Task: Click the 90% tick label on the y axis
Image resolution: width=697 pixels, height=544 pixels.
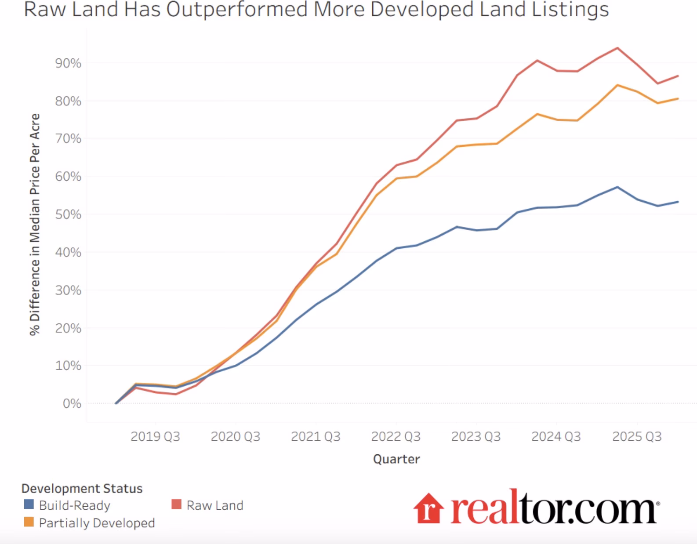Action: point(68,63)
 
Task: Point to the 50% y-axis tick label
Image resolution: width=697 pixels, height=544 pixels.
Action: point(68,214)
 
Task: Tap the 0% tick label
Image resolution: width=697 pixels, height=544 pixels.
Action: point(72,403)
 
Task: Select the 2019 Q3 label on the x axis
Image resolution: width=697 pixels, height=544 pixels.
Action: point(155,436)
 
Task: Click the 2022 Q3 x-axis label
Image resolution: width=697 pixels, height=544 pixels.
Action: point(396,436)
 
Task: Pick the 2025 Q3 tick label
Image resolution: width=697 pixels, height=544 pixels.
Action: point(636,436)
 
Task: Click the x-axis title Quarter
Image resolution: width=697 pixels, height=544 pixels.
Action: point(396,459)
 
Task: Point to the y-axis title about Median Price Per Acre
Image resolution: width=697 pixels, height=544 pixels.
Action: point(35,224)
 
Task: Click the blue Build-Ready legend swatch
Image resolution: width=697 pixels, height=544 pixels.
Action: point(29,504)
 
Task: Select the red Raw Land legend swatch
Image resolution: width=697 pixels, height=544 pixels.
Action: point(176,504)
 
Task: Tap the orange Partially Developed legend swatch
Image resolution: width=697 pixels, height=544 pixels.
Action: point(29,522)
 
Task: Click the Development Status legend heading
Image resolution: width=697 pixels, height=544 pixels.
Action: point(82,489)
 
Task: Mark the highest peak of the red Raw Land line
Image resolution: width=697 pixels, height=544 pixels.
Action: point(617,48)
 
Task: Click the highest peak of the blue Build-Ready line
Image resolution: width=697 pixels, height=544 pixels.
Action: point(617,187)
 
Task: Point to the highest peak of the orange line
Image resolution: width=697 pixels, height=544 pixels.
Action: point(617,85)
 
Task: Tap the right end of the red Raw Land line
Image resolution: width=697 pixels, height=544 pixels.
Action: point(678,76)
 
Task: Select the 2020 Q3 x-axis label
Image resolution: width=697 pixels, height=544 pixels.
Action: point(235,436)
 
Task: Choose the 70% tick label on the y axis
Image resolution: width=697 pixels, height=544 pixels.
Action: point(68,139)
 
